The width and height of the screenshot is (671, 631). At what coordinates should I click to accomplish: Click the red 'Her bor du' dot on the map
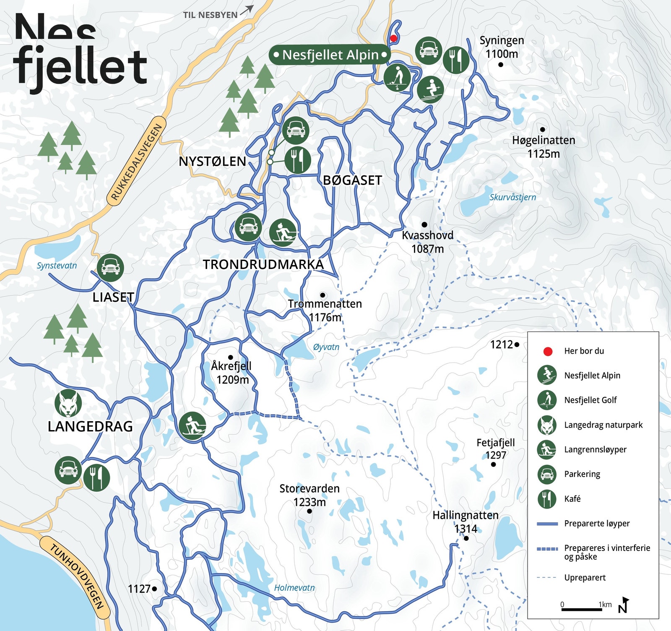click(x=393, y=38)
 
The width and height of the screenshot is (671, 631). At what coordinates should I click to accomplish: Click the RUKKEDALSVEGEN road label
click(x=136, y=162)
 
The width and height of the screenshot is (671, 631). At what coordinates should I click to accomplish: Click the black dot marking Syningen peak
click(x=500, y=65)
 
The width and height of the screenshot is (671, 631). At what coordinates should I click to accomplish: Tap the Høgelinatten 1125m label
click(x=544, y=147)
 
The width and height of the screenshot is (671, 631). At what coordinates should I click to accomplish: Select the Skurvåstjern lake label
click(x=512, y=197)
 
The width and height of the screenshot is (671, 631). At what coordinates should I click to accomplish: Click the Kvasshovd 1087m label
click(x=427, y=242)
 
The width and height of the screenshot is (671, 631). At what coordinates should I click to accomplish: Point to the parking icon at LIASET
click(x=110, y=267)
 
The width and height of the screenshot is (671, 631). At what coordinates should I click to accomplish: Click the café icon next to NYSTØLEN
click(x=298, y=160)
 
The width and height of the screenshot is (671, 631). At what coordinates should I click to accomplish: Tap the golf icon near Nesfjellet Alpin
click(x=397, y=78)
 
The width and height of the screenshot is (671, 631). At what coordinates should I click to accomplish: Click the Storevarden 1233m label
click(x=309, y=495)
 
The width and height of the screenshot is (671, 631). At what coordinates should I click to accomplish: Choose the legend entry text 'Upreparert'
click(x=585, y=578)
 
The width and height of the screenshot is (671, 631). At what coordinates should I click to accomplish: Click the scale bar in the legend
click(x=581, y=609)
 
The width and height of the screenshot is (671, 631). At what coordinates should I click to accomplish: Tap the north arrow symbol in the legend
click(x=624, y=605)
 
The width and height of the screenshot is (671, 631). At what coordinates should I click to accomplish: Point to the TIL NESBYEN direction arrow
click(x=247, y=10)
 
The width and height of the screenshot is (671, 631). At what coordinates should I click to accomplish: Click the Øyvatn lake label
click(x=326, y=347)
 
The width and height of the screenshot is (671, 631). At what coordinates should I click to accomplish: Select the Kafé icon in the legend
click(x=547, y=499)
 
